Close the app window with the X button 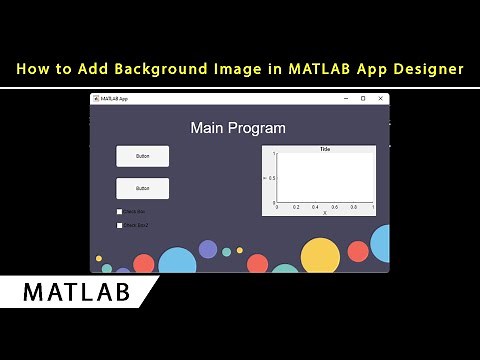pyautogui.click(x=380, y=98)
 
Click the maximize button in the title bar pyautogui.click(x=363, y=98)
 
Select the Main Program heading pyautogui.click(x=238, y=128)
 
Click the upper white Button pyautogui.click(x=142, y=156)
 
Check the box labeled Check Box pyautogui.click(x=119, y=211)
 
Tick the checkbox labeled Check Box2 pyautogui.click(x=119, y=225)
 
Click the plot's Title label pyautogui.click(x=325, y=149)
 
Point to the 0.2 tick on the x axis pyautogui.click(x=296, y=207)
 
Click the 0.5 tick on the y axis pyautogui.click(x=271, y=177)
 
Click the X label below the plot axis pyautogui.click(x=325, y=213)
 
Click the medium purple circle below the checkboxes pyautogui.click(x=208, y=249)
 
